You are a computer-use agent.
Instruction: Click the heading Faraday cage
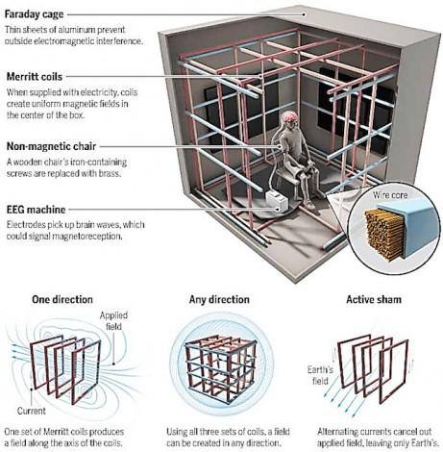[x=34, y=14]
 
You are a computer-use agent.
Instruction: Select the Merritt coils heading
[x=35, y=77]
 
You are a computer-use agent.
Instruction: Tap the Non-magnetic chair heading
[x=51, y=146]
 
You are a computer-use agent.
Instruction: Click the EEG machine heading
[x=36, y=210]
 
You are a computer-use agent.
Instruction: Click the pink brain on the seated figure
[x=289, y=116]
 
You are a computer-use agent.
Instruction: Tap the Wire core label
[x=390, y=195]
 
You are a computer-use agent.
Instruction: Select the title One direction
[x=62, y=299]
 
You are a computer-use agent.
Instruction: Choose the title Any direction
[x=219, y=299]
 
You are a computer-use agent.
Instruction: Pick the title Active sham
[x=374, y=299]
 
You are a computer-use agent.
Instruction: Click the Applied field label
[x=113, y=321]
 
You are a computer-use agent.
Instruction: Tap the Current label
[x=32, y=411]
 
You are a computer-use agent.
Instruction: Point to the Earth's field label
[x=320, y=375]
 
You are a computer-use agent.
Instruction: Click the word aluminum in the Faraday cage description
[x=76, y=30]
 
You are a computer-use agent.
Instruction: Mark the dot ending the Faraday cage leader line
[x=304, y=14]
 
